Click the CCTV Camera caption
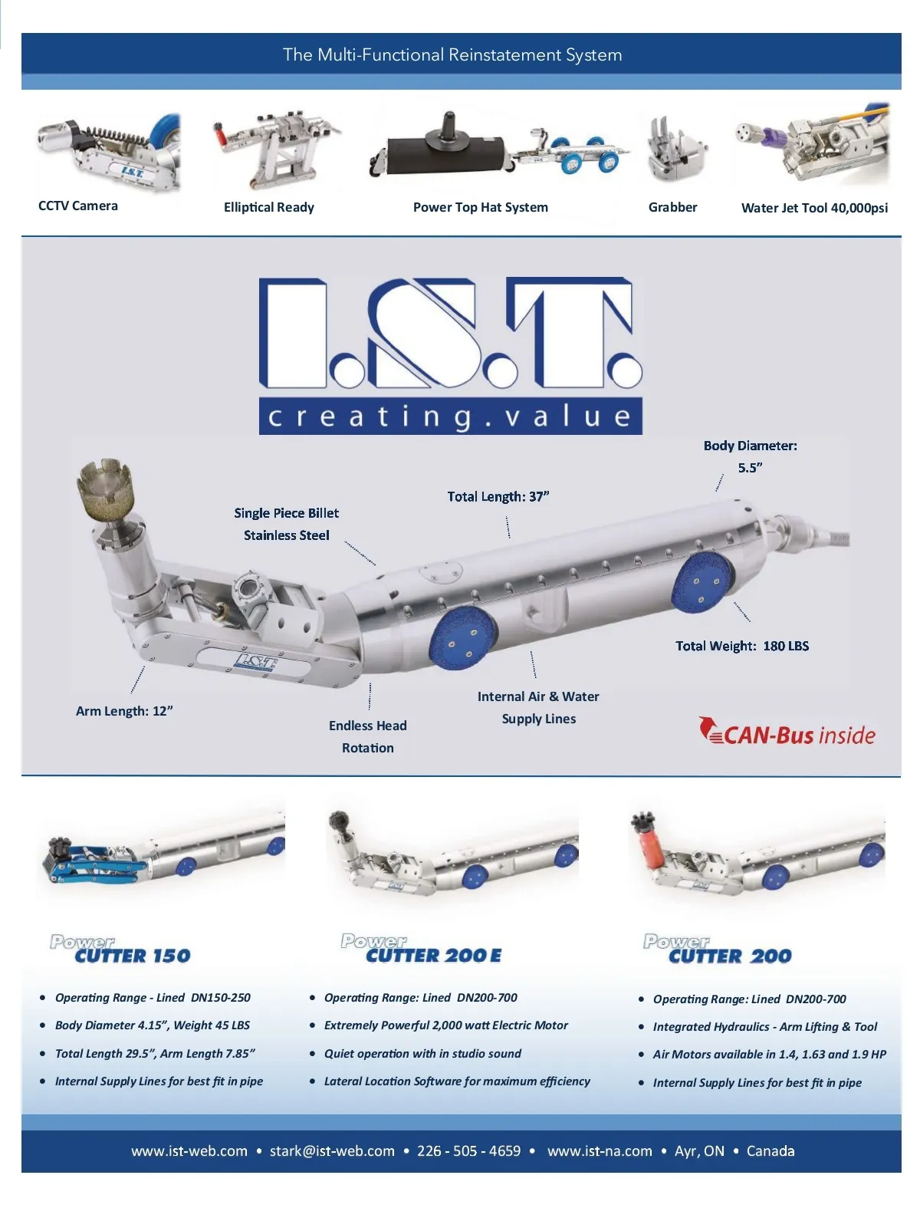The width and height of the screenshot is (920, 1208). (78, 206)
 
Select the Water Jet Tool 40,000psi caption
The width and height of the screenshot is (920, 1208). (814, 208)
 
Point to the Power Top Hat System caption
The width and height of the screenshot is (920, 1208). (480, 207)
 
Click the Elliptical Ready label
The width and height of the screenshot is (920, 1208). (268, 207)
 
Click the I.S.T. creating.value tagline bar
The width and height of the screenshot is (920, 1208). (450, 416)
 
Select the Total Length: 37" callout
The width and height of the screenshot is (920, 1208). (498, 497)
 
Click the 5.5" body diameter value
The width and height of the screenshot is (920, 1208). (750, 468)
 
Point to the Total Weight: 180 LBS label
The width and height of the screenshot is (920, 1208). (741, 646)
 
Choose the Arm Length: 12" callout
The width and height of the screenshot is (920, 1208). (124, 711)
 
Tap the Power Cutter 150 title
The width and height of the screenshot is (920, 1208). (121, 950)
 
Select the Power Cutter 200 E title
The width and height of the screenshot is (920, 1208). (422, 950)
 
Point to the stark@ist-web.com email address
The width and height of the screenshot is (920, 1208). (332, 1150)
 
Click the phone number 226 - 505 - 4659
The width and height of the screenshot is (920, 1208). (468, 1150)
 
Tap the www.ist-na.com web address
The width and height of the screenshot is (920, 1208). (600, 1150)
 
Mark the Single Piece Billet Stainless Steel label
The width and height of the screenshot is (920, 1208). (286, 524)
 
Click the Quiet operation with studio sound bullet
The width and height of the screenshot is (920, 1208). (422, 1054)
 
